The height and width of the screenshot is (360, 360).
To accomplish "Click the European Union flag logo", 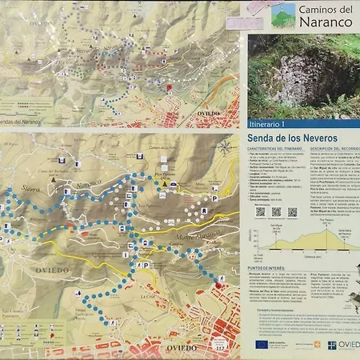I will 262,343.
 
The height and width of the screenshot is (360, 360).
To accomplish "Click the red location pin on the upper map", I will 169,87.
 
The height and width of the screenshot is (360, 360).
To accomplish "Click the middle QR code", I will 275,212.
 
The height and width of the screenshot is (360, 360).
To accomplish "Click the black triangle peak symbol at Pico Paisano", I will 164,184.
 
